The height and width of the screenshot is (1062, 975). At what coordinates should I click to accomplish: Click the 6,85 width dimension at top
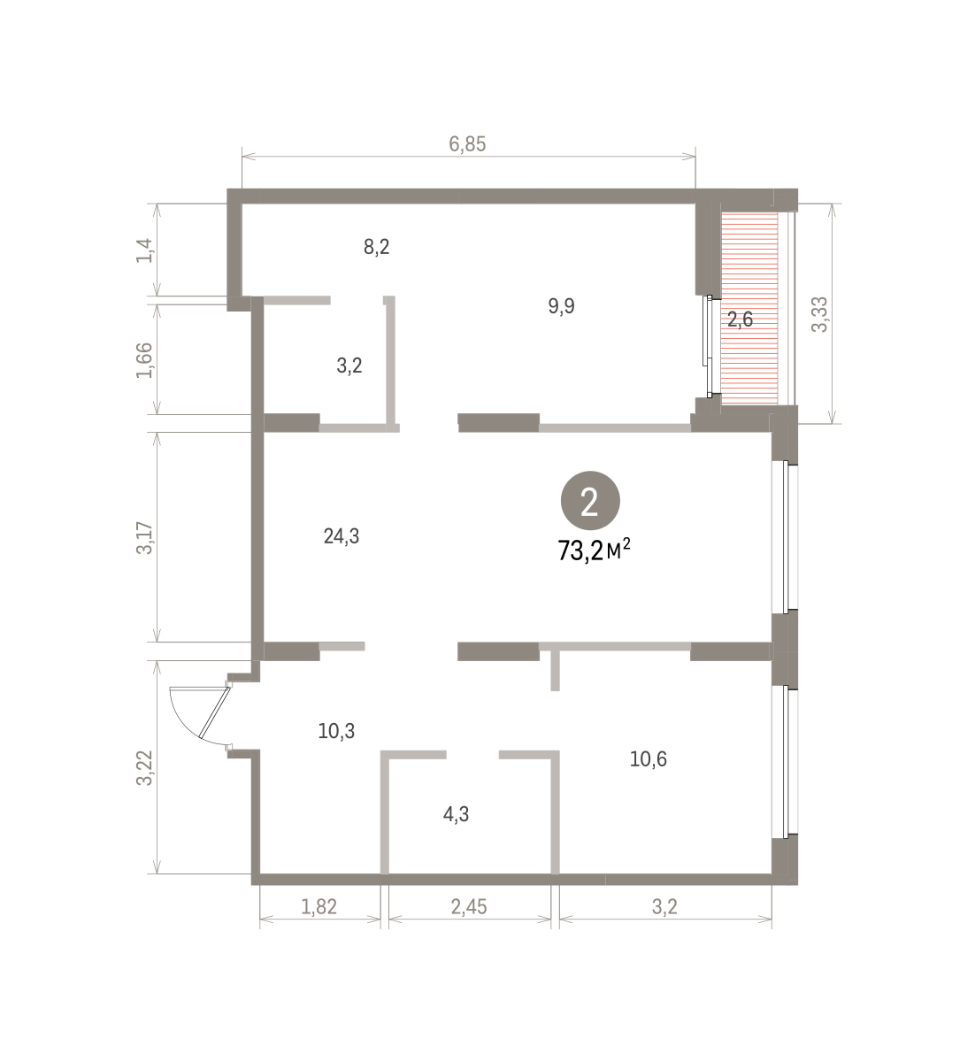click(467, 144)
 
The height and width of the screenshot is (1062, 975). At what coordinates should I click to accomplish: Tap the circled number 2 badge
click(590, 501)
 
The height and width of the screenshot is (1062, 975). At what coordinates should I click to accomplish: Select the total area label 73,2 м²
click(594, 550)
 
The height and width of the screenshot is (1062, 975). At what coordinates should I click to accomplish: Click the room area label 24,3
click(342, 536)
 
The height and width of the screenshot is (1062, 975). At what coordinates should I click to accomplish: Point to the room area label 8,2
click(376, 247)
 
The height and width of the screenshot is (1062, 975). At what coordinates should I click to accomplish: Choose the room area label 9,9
click(561, 306)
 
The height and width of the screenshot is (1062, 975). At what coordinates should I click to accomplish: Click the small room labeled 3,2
click(349, 366)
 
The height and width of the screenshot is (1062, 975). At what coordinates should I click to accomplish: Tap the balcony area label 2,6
click(740, 319)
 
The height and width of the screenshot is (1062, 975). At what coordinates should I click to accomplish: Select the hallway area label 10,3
click(336, 731)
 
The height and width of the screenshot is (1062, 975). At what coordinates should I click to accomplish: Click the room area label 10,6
click(648, 759)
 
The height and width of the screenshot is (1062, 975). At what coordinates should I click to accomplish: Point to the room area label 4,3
click(456, 814)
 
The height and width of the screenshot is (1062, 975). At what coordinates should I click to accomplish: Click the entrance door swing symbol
click(200, 716)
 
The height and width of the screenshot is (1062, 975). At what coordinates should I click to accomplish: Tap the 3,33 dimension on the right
click(819, 314)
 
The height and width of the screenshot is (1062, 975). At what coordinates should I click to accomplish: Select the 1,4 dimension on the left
click(144, 250)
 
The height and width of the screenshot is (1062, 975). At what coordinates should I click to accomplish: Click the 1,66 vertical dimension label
click(144, 360)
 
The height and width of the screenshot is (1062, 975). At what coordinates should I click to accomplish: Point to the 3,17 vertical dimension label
click(144, 538)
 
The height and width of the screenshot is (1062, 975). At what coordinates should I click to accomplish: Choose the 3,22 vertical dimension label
click(144, 767)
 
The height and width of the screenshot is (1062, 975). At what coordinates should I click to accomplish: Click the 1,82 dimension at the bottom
click(319, 907)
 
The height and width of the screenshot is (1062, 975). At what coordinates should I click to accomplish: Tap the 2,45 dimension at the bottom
click(468, 907)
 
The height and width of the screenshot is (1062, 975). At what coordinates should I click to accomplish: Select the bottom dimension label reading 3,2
click(664, 907)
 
